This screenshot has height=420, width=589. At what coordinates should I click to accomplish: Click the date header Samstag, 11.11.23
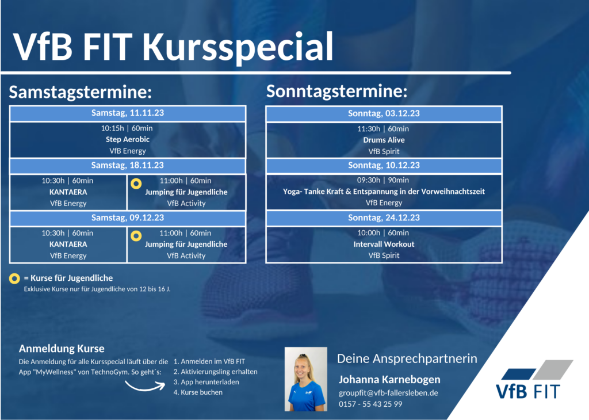pyautogui.click(x=128, y=113)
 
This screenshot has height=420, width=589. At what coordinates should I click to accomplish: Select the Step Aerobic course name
pyautogui.click(x=128, y=139)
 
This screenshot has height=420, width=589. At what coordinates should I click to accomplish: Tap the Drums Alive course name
pyautogui.click(x=384, y=140)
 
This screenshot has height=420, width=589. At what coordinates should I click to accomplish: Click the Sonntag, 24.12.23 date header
pyautogui.click(x=384, y=218)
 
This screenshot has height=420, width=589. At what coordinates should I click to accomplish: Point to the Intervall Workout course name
pyautogui.click(x=384, y=244)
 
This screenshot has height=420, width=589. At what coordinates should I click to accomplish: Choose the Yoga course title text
pyautogui.click(x=384, y=192)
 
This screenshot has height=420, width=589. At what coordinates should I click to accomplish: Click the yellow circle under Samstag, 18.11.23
pyautogui.click(x=136, y=184)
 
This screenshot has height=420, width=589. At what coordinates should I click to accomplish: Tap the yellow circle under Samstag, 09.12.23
pyautogui.click(x=136, y=236)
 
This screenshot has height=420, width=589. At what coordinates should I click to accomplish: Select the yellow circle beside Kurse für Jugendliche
pyautogui.click(x=14, y=278)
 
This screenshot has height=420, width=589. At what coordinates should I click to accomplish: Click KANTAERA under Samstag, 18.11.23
pyautogui.click(x=68, y=192)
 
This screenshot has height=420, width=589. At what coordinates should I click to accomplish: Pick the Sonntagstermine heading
pyautogui.click(x=336, y=91)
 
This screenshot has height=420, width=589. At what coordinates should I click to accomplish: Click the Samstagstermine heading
pyautogui.click(x=81, y=92)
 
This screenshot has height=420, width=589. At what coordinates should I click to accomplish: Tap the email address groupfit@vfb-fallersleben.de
pyautogui.click(x=388, y=393)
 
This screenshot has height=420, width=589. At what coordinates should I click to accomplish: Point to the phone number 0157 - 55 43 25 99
pyautogui.click(x=370, y=404)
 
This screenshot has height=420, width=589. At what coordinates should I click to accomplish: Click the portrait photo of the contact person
pyautogui.click(x=306, y=379)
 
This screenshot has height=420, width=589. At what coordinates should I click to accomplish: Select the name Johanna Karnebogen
pyautogui.click(x=389, y=379)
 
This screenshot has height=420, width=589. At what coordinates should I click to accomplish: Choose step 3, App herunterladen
pyautogui.click(x=206, y=382)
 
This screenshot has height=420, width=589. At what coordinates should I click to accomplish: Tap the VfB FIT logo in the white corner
pyautogui.click(x=533, y=380)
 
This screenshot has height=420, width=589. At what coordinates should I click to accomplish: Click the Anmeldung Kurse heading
pyautogui.click(x=62, y=349)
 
